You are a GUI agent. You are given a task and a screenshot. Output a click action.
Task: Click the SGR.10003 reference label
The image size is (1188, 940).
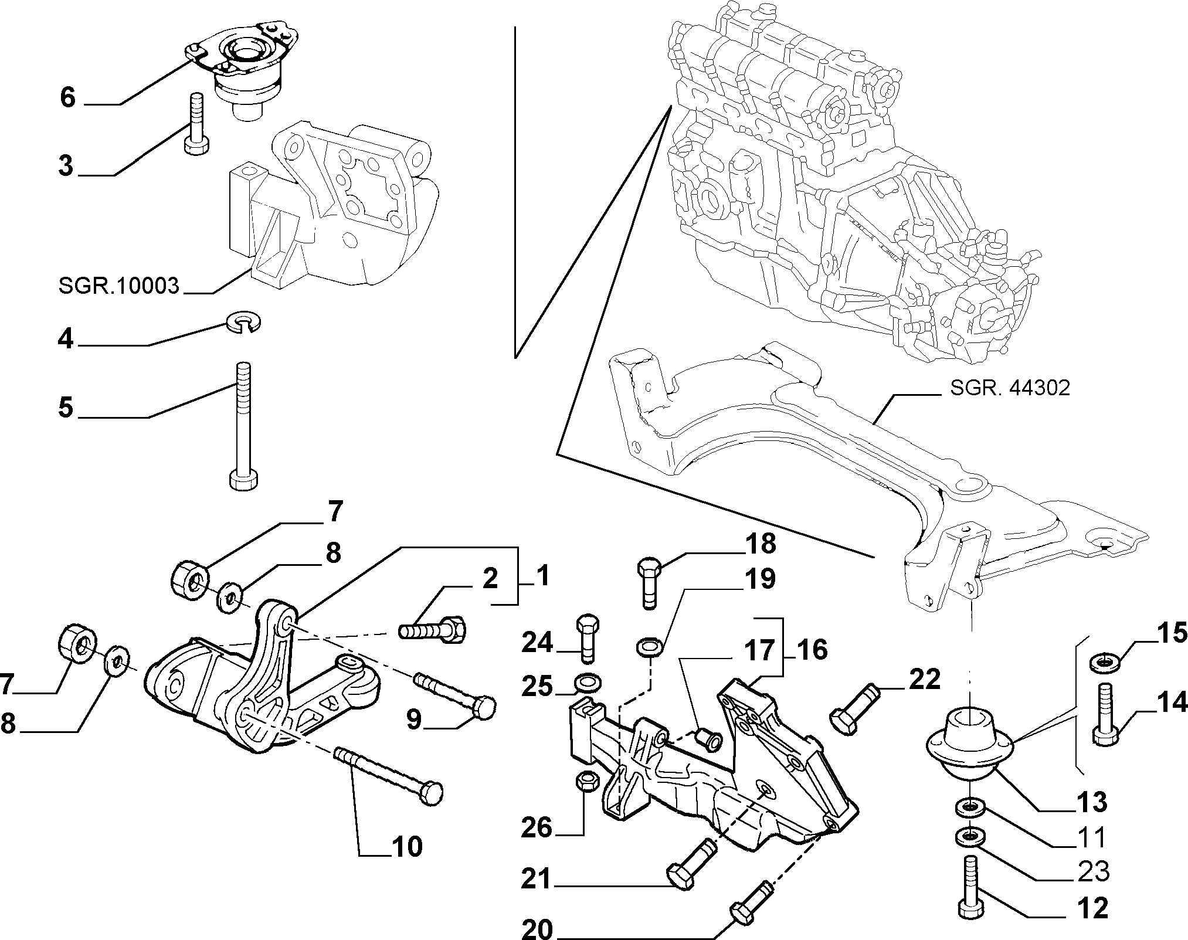[118, 286]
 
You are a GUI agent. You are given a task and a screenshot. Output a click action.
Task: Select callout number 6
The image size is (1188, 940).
[68, 97]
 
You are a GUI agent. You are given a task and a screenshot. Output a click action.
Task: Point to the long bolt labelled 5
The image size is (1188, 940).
[243, 425]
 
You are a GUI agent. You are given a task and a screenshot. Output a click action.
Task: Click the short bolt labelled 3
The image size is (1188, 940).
[195, 124]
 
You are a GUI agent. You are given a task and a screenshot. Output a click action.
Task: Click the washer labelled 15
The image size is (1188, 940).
[1104, 661]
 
